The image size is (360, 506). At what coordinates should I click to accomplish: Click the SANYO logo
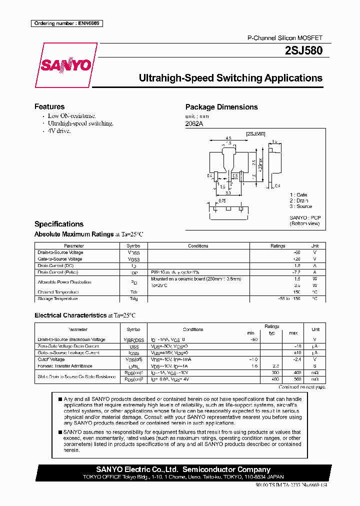tap(65, 65)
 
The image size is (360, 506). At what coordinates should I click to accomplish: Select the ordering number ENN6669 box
tap(66, 23)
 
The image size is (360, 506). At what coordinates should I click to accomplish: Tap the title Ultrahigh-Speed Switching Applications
tap(230, 78)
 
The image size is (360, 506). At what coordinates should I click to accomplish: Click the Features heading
tap(49, 106)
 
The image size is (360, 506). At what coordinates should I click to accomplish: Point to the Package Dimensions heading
tap(221, 107)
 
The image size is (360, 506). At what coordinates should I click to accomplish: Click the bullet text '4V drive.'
tap(59, 130)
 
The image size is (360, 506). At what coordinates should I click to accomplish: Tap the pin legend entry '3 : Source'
tap(300, 206)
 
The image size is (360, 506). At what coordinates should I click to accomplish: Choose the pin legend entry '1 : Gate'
tap(298, 194)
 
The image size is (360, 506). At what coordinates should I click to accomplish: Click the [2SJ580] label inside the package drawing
tap(255, 134)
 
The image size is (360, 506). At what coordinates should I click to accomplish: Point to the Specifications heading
tap(59, 224)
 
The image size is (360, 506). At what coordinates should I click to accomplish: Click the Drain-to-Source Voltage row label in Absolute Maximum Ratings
tap(60, 252)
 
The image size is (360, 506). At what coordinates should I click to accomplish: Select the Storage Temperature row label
tap(57, 298)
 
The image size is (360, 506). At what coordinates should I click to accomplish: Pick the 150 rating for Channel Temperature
tap(296, 292)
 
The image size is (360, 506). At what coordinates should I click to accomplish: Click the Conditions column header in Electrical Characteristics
tap(193, 329)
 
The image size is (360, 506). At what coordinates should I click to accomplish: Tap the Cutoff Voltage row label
tap(51, 359)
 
